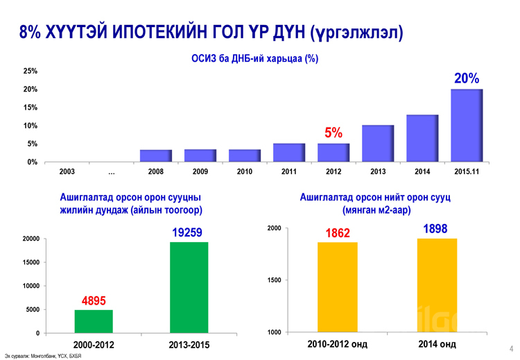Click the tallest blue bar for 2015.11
(x=466, y=125)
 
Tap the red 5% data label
(x=334, y=132)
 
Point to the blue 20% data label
(x=467, y=79)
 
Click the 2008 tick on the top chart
(x=156, y=171)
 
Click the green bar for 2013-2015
(x=189, y=287)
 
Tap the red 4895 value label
(x=94, y=301)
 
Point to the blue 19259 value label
(x=189, y=233)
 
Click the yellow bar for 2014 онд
(x=437, y=285)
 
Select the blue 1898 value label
(x=435, y=229)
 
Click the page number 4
(x=510, y=348)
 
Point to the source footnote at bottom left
(x=43, y=356)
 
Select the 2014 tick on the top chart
(x=422, y=171)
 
